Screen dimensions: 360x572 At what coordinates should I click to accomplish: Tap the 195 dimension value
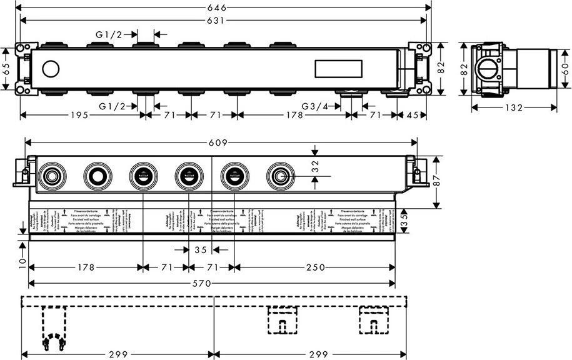tap(78, 115)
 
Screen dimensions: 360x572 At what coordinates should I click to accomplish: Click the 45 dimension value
tap(414, 115)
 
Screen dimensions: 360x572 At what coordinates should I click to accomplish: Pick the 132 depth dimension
tap(513, 107)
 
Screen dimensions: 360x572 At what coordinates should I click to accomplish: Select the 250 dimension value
tap(315, 267)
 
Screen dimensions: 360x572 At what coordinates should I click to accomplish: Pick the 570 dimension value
tap(210, 283)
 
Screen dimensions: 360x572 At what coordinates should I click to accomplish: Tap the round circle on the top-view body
tap(50, 68)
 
